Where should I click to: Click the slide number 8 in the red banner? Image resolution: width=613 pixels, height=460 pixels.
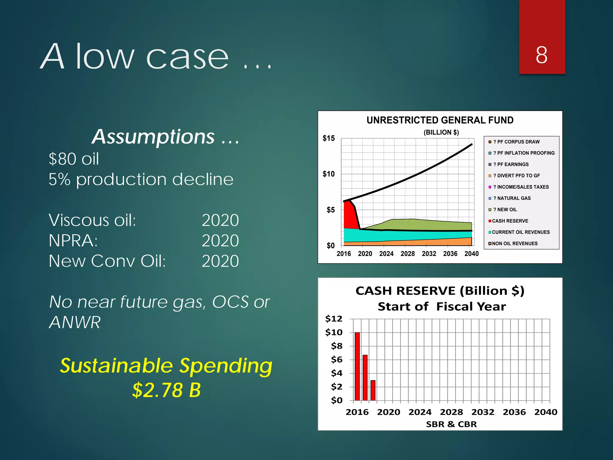coord(541,55)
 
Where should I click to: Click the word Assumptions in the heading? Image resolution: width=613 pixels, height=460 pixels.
coord(153,137)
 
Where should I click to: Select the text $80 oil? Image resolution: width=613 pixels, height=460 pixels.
coord(74,159)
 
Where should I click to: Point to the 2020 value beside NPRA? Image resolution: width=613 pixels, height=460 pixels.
coord(220,240)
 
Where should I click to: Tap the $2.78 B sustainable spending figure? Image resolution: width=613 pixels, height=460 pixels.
coord(166,390)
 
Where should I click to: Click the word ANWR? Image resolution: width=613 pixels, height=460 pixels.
coord(75,322)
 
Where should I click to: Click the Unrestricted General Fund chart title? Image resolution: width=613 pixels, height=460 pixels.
coord(440,120)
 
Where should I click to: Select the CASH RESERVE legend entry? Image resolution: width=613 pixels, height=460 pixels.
coord(510,221)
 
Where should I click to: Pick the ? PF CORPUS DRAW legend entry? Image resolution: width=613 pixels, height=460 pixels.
coord(516,142)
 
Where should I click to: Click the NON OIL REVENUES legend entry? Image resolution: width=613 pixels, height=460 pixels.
coord(514,243)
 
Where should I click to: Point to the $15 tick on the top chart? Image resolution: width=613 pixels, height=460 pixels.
coord(329,138)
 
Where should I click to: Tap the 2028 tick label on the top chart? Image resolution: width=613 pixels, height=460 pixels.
coord(407,254)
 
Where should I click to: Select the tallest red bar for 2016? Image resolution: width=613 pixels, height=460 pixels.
coord(357,366)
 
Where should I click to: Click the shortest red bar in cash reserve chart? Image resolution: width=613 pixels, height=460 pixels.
coord(373,390)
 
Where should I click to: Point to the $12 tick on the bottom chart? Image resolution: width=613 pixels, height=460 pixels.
coord(333,319)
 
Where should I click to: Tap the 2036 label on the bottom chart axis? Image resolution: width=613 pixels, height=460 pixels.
coord(514,412)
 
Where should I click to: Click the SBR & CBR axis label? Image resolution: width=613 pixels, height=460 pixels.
coord(451,424)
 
